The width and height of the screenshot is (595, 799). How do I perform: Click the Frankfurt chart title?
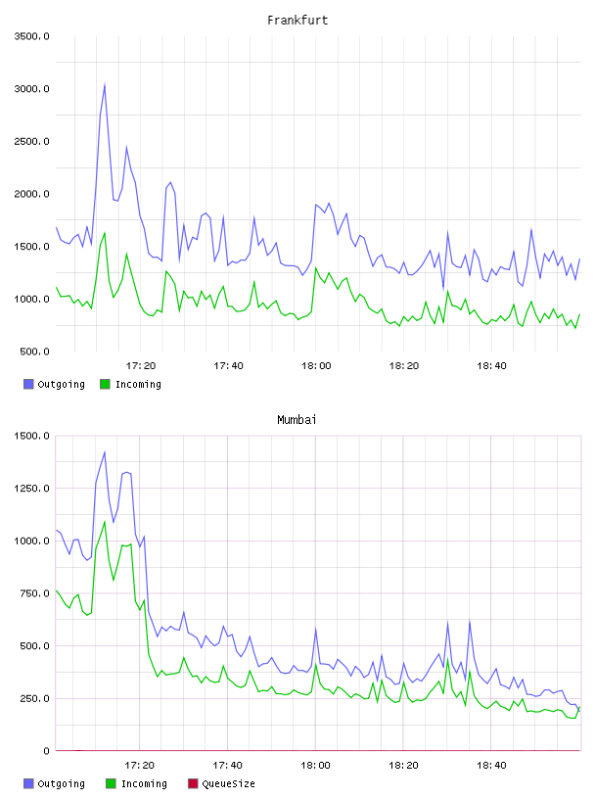pos(297,21)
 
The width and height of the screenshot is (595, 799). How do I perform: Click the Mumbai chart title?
pos(297,420)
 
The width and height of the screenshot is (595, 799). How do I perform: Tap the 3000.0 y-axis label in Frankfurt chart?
pos(31,89)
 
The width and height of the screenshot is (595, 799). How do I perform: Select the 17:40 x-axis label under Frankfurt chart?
pos(228,366)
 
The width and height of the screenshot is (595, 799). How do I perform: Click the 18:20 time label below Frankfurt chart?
pos(404,366)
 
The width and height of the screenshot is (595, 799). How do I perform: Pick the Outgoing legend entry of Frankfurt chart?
pos(54,384)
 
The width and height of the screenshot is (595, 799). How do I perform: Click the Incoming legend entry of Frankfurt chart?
pos(131,384)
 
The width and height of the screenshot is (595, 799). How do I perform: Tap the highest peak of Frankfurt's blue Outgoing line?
pos(105,84)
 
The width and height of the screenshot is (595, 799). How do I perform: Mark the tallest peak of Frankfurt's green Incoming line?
pos(105,233)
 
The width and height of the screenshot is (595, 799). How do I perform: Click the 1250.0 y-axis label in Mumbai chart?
pos(31,489)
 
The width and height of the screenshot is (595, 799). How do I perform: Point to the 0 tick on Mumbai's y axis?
pos(46,751)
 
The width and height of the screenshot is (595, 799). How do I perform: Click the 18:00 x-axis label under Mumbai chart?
pos(315,766)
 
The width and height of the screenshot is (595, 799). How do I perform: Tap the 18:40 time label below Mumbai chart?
pos(491,766)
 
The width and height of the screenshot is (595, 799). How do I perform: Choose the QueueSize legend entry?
pos(222,783)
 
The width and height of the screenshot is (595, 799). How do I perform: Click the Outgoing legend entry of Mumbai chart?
pos(54,783)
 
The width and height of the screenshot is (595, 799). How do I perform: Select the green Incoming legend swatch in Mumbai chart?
pos(111,783)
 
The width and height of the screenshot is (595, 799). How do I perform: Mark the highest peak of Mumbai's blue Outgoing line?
pos(105,452)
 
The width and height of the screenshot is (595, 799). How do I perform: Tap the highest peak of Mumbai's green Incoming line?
pos(105,522)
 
